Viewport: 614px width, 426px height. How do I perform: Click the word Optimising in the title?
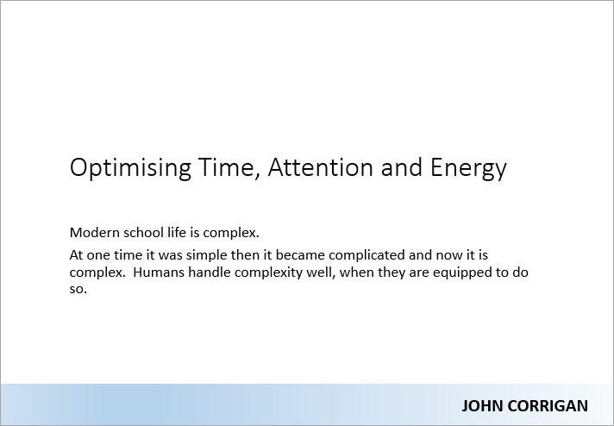130,168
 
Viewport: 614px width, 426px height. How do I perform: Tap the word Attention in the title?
320,166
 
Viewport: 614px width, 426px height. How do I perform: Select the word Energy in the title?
468,168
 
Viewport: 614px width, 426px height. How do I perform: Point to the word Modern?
94,233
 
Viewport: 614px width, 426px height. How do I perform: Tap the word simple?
207,255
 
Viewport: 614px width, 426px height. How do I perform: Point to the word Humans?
159,273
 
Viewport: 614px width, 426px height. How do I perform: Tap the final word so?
78,290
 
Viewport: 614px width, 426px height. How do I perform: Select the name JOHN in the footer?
479,406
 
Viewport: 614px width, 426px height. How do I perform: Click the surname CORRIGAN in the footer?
544,406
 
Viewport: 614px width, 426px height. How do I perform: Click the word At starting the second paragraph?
76,255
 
